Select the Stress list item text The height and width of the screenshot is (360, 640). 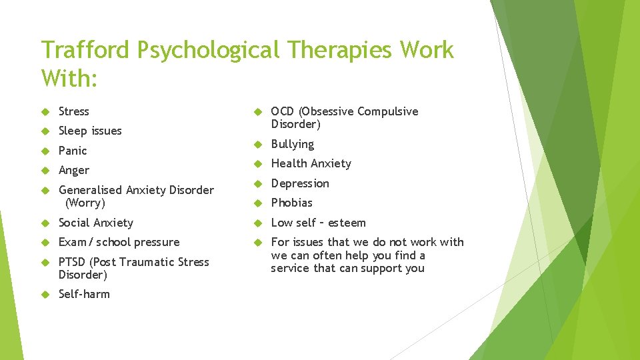coord(73,111)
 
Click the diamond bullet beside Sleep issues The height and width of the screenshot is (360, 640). coord(45,131)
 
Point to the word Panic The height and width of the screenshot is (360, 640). coord(73,151)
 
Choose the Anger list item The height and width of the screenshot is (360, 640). coord(73,171)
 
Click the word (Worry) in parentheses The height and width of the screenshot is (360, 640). coord(85,203)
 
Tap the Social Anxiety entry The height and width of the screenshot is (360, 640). coord(96,223)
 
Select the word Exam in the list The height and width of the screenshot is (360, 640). coord(72,242)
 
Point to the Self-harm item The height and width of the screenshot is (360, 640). coord(84,294)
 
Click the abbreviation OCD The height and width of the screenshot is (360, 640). coord(283,111)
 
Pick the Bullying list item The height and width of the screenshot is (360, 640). coord(292,144)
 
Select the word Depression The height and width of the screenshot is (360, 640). coord(300,183)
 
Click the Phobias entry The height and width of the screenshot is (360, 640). coord(291,203)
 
